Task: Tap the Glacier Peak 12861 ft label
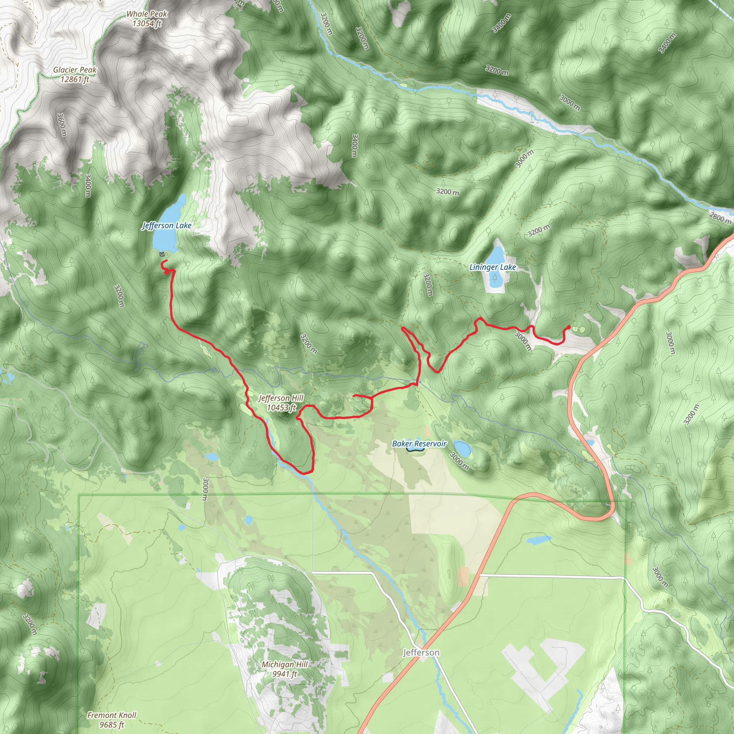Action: point(75,75)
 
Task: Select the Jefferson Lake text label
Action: point(167,225)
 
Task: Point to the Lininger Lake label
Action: point(492,267)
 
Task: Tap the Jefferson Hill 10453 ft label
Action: point(281,403)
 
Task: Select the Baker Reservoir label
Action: point(419,443)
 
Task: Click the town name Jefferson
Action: point(421,652)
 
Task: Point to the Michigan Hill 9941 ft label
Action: point(285,669)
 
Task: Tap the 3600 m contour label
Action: point(62,125)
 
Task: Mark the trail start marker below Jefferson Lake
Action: point(162,254)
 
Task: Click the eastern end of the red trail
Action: point(569,327)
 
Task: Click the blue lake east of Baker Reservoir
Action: point(463,449)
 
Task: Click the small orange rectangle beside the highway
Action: point(463,576)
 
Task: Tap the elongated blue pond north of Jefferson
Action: point(539,540)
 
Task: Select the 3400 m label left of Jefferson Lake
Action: point(88,185)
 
